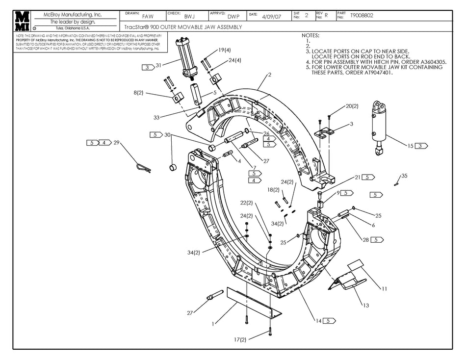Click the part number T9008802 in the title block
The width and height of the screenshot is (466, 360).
[362, 16]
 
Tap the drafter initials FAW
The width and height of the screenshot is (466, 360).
[148, 16]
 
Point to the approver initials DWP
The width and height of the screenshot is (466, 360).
[233, 16]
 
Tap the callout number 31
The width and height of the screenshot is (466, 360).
[158, 65]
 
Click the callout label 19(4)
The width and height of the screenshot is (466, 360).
[225, 50]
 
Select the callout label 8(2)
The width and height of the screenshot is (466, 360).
[138, 92]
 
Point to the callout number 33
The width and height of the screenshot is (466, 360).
[157, 117]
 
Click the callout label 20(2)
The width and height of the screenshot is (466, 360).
[352, 106]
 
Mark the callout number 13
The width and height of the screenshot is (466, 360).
[365, 306]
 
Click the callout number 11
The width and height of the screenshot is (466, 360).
[384, 289]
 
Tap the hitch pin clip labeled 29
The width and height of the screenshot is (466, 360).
[143, 167]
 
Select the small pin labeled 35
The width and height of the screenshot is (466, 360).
[395, 184]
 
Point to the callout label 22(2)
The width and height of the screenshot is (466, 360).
[247, 203]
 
